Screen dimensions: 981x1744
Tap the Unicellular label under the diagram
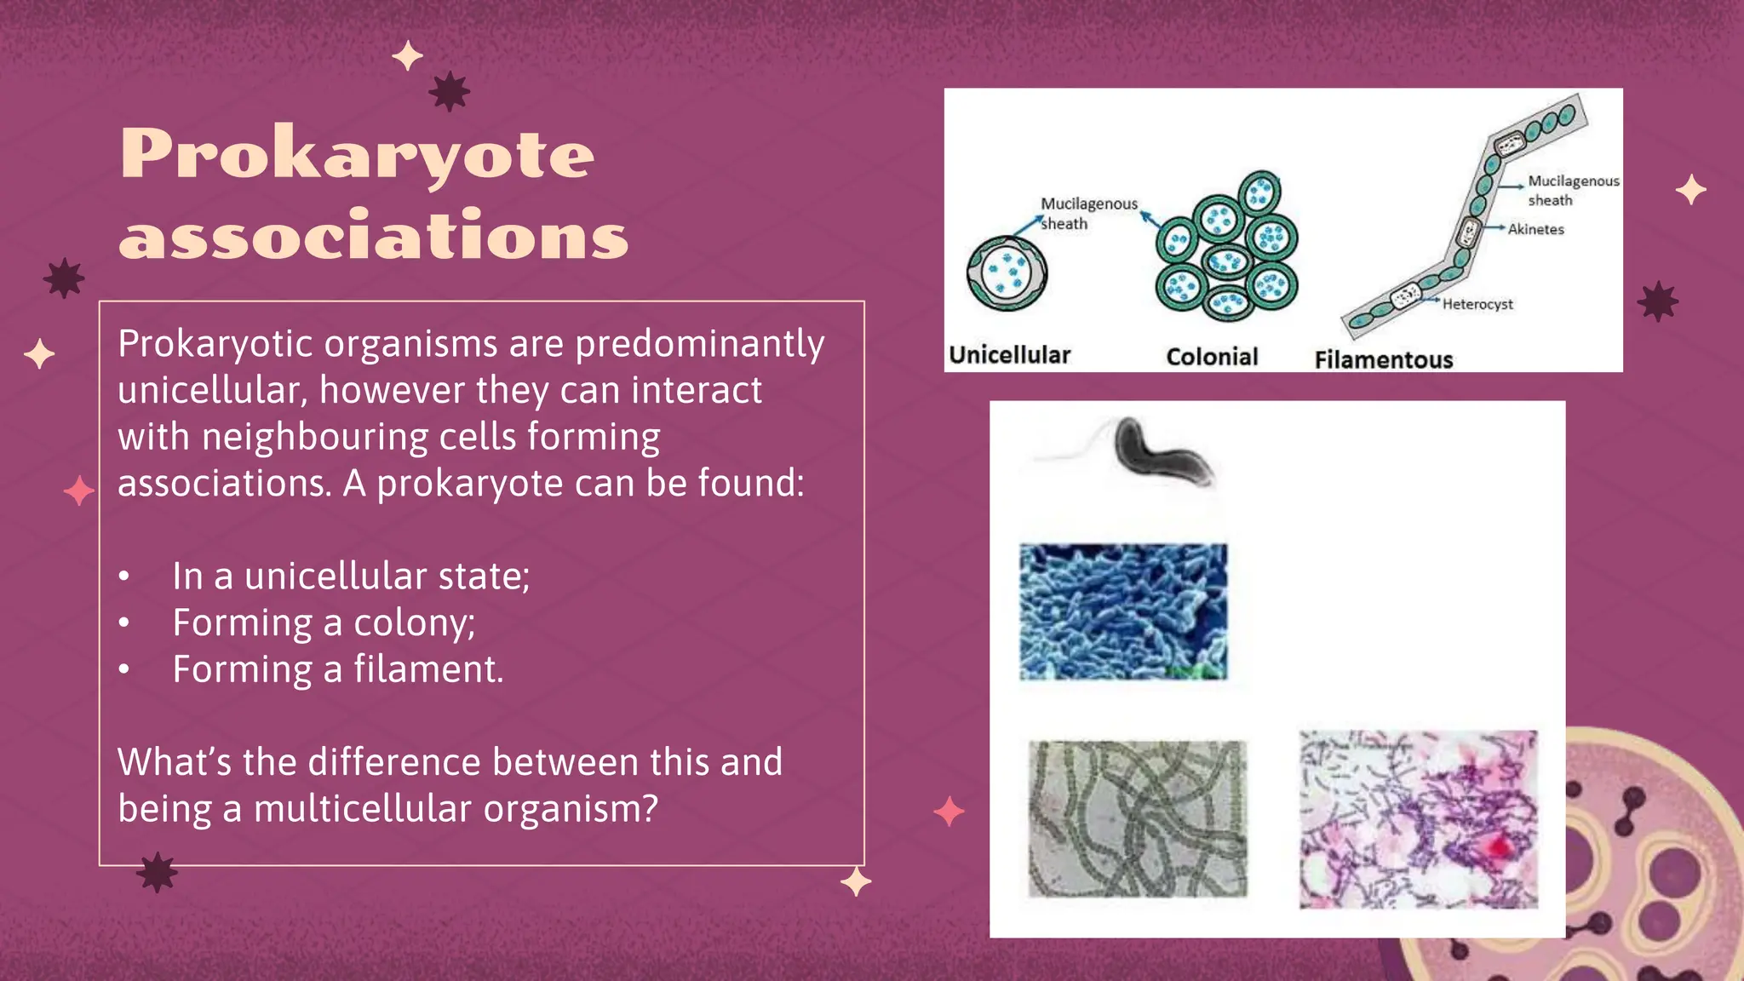pyautogui.click(x=1009, y=355)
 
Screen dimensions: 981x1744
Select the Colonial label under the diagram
pyautogui.click(x=1211, y=357)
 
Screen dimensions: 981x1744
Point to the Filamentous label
pyautogui.click(x=1383, y=359)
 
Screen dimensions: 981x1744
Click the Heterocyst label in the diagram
pyautogui.click(x=1477, y=304)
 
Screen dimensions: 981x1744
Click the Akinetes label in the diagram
pyautogui.click(x=1535, y=229)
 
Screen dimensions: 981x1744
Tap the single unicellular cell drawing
pyautogui.click(x=1007, y=273)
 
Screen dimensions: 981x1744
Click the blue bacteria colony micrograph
pyautogui.click(x=1123, y=611)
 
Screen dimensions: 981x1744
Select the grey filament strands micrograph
pyautogui.click(x=1137, y=818)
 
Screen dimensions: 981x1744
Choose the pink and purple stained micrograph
pyautogui.click(x=1418, y=819)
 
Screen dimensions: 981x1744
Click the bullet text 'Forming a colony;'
pyautogui.click(x=324, y=622)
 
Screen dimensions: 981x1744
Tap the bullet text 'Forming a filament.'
pyautogui.click(x=338, y=669)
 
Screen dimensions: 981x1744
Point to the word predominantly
pyautogui.click(x=699, y=344)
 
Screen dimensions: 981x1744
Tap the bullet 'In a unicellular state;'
pyautogui.click(x=351, y=577)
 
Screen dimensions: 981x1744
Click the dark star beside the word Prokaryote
pyautogui.click(x=449, y=91)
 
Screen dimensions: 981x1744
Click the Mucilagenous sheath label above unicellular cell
pyautogui.click(x=1087, y=213)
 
